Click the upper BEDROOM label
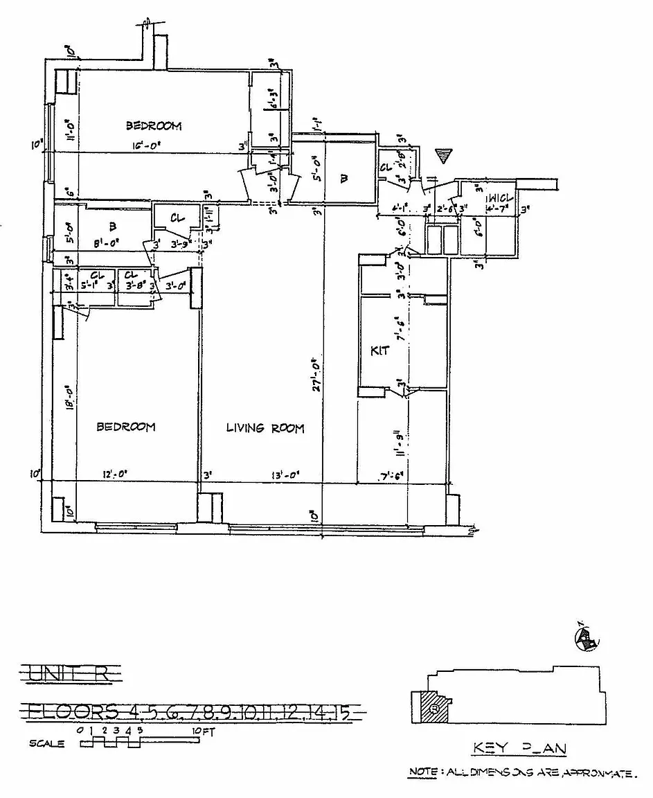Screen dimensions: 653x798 click(153, 126)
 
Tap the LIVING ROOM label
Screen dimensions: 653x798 click(265, 428)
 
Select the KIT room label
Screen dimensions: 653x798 click(380, 351)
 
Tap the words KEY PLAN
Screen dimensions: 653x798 click(519, 747)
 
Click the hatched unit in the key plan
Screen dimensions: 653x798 click(432, 707)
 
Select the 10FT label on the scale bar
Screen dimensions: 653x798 click(199, 730)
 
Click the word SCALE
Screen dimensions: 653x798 click(47, 744)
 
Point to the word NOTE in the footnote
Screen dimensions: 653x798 click(420, 771)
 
